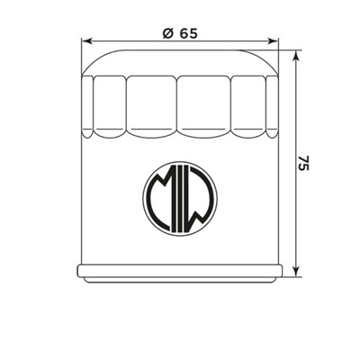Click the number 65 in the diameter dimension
188,33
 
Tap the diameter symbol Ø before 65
167,33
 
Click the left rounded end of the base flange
80,271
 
